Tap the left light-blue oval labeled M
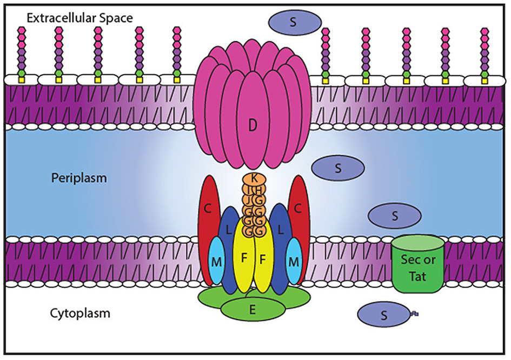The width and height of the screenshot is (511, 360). tap(216, 262)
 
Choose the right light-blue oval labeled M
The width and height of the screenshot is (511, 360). tap(295, 262)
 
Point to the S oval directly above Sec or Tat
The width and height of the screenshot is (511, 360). tap(394, 215)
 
